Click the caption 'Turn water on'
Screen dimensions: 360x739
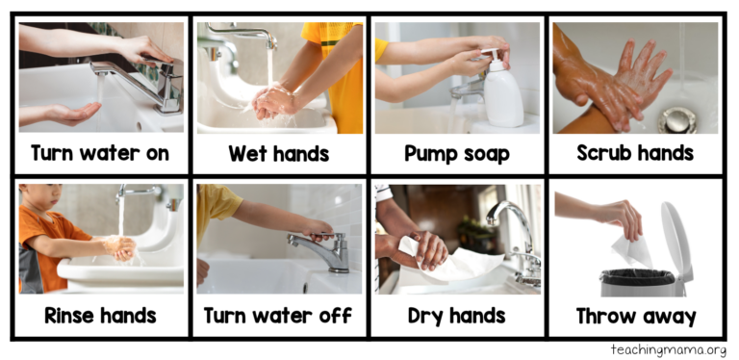[x=100, y=153]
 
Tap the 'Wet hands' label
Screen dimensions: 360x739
[x=278, y=153]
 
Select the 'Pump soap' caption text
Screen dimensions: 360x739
[x=456, y=153]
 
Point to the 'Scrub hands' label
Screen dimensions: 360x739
[x=634, y=153]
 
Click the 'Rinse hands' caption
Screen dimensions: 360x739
[x=100, y=316]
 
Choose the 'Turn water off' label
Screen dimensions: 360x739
[x=278, y=316]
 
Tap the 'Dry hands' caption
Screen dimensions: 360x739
[x=456, y=316]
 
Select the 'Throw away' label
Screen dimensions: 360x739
[x=634, y=316]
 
